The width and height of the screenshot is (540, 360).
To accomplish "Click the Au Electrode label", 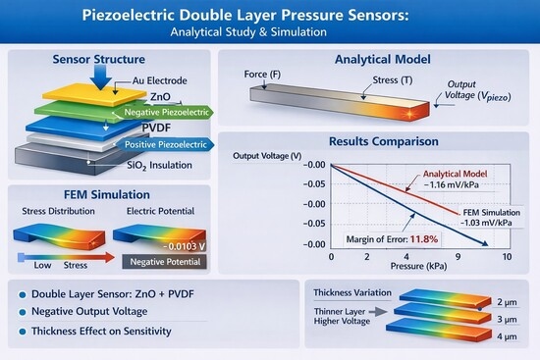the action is coord(160,80).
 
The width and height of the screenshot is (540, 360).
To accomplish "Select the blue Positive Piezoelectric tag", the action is coord(164,144).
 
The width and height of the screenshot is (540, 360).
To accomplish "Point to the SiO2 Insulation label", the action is coord(159,166).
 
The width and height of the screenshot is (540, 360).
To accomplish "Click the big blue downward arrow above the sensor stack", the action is coord(100,77).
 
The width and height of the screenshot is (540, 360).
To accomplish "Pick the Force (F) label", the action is coord(262,75).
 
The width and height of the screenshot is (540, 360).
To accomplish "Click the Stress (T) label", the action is coord(393,80).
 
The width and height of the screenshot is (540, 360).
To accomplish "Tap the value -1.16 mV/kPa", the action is coord(452,184).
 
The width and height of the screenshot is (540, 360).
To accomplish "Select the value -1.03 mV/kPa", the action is coord(486,223).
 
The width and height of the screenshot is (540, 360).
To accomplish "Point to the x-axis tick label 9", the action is coord(458,257).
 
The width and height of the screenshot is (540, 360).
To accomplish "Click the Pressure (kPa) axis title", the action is coord(418,266).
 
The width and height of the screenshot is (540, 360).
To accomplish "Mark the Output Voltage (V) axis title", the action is coord(267,156).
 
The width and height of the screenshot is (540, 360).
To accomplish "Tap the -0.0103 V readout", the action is coord(184,246).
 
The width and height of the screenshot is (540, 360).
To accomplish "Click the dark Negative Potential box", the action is coord(165,262).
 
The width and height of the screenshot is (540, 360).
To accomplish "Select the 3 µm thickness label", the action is coord(507,320).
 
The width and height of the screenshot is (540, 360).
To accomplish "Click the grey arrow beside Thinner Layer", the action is coord(378,312).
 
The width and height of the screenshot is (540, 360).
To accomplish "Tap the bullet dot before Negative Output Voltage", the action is coord(23,312).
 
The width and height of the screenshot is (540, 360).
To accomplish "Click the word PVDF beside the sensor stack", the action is coord(156,129).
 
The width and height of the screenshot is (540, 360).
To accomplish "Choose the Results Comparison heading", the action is coord(384,141).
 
